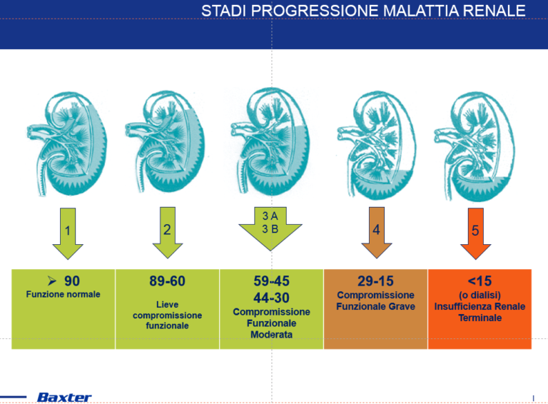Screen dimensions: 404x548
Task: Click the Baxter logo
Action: click(64, 397)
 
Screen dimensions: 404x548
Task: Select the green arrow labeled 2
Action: click(167, 231)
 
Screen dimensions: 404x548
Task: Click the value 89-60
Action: click(167, 281)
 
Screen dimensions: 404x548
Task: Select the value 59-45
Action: click(271, 281)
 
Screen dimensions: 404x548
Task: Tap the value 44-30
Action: click(271, 298)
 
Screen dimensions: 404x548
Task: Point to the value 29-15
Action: click(375, 281)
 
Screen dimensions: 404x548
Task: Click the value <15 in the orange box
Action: click(479, 281)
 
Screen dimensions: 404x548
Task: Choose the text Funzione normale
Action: click(64, 294)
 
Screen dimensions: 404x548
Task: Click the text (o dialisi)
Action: click(479, 296)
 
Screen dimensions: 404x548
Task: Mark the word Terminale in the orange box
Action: click(479, 318)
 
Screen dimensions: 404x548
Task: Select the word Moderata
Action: click(271, 335)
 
